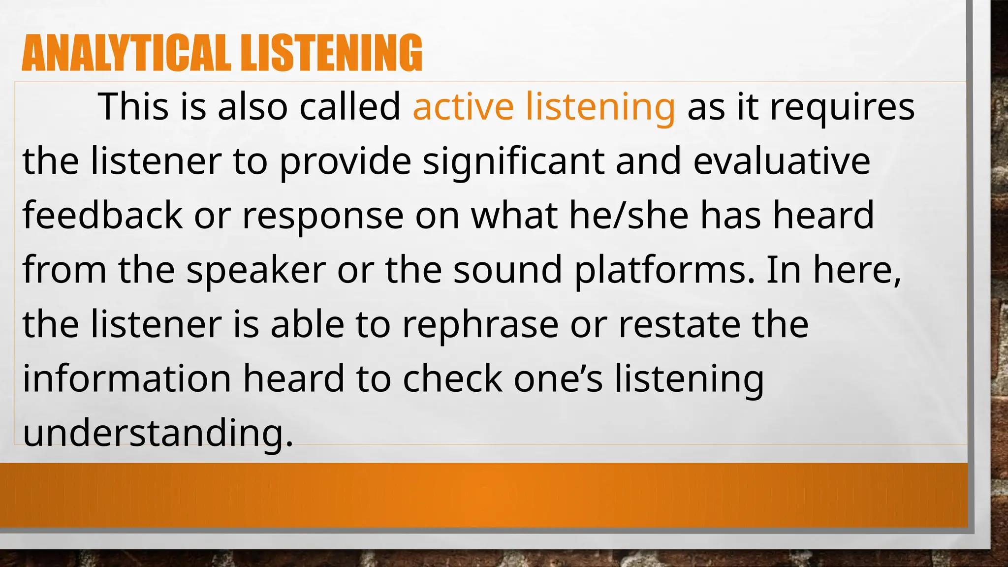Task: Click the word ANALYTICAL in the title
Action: [x=126, y=53]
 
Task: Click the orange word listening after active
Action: [x=600, y=107]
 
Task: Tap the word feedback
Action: [x=102, y=215]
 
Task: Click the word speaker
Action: [x=256, y=270]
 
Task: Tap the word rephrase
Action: [x=480, y=325]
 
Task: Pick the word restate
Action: [x=679, y=324]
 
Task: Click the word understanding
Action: [x=157, y=433]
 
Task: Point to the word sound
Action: [x=507, y=270]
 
